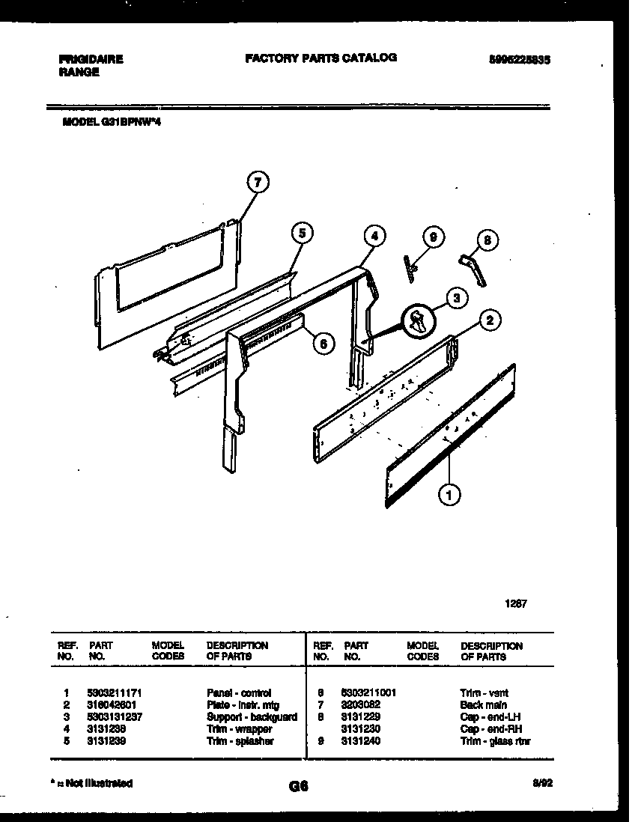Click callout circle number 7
258,183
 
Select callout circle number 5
301,233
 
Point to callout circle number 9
432,237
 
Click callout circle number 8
487,240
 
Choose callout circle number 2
489,321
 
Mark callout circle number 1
450,493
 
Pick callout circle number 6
323,344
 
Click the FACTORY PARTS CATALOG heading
320,58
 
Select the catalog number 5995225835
514,62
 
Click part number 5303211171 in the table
114,693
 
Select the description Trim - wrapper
239,729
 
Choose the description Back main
483,705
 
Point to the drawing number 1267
515,603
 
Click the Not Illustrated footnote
91,783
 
